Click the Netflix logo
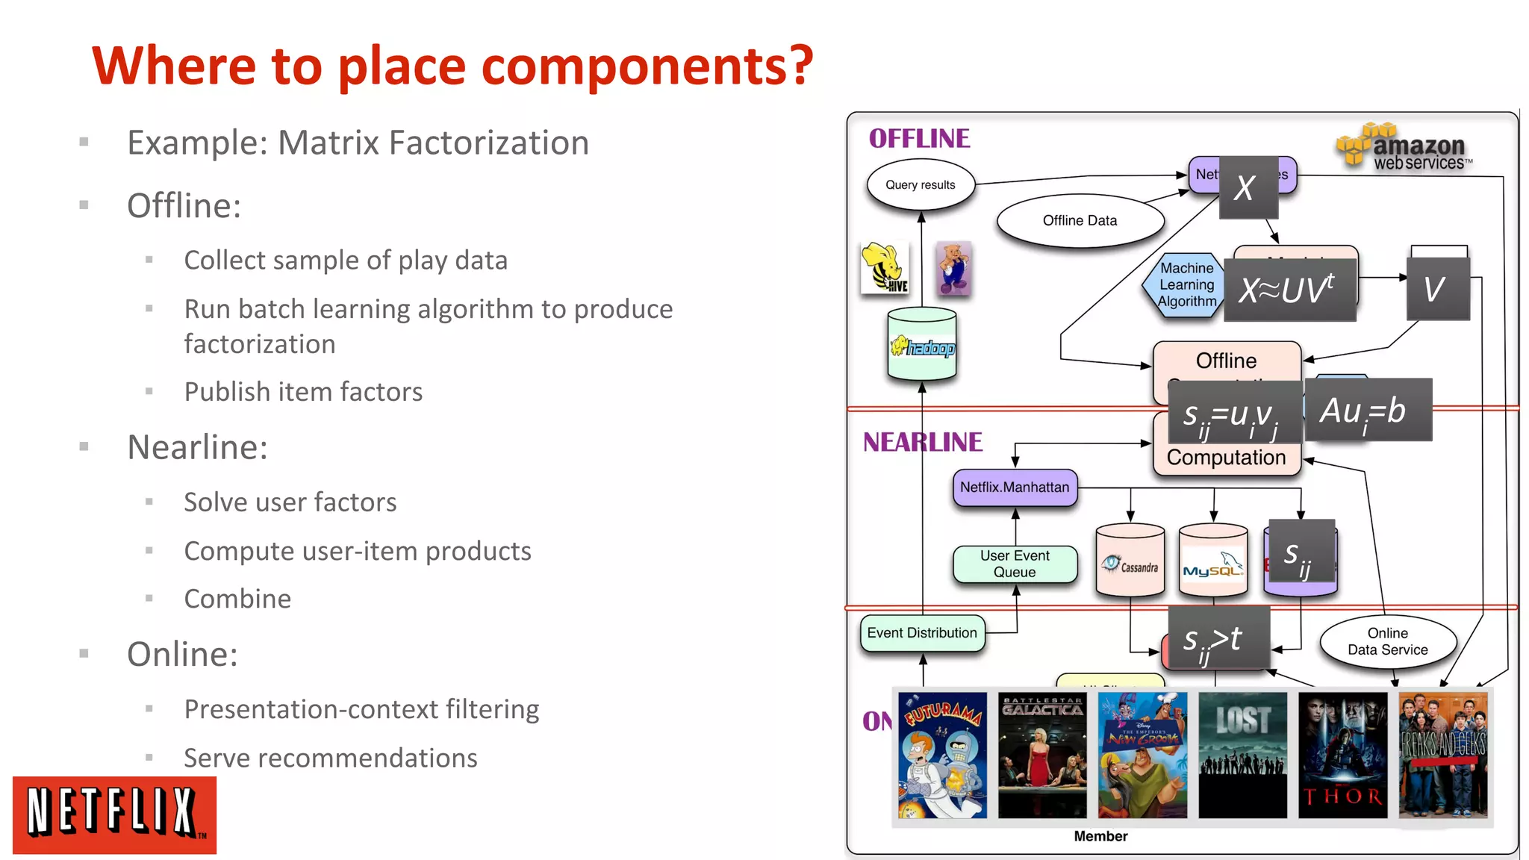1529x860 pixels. [x=114, y=814]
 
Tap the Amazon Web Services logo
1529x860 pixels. [x=1404, y=147]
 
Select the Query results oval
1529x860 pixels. [x=920, y=185]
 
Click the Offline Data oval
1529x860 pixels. [x=1080, y=221]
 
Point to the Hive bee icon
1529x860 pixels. [x=885, y=267]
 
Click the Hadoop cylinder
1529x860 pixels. [x=922, y=345]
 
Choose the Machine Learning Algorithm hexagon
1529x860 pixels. [x=1186, y=285]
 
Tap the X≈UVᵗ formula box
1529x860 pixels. [x=1289, y=290]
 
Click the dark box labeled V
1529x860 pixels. [x=1437, y=290]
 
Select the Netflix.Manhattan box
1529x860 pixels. [x=1015, y=487]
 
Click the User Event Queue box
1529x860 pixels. [x=1015, y=564]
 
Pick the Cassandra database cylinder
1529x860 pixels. [x=1130, y=561]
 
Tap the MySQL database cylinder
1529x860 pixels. [x=1212, y=561]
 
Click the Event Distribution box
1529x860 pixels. [x=922, y=633]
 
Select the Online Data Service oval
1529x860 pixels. [x=1387, y=641]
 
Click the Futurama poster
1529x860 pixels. [x=942, y=755]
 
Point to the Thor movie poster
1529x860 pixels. [x=1342, y=755]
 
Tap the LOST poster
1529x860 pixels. [x=1242, y=755]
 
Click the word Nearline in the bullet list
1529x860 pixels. [x=197, y=448]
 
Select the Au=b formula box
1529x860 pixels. [x=1368, y=410]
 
